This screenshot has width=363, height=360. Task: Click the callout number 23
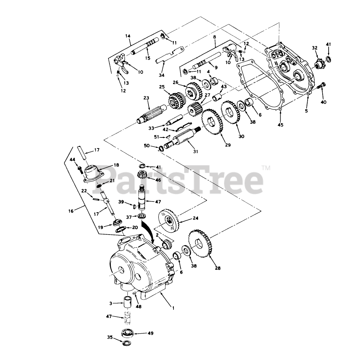[146, 98]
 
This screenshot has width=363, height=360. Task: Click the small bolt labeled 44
[80, 169]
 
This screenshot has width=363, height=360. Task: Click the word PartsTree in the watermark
[181, 180]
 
